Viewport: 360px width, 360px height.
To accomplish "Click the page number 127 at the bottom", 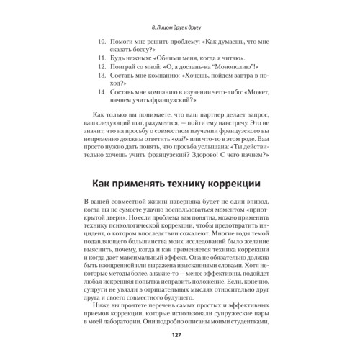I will tap(180, 337).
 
